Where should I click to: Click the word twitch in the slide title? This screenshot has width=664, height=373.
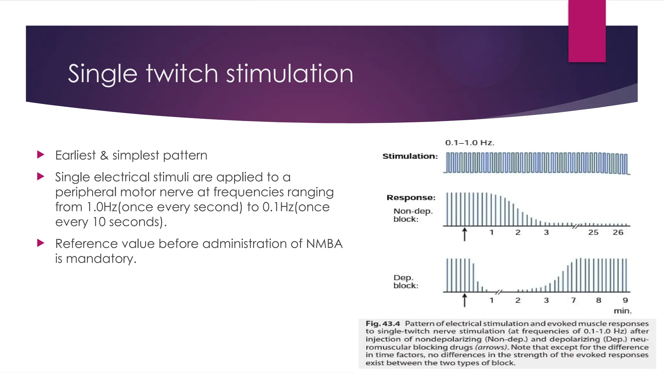(x=182, y=74)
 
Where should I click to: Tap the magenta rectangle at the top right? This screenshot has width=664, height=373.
(x=587, y=31)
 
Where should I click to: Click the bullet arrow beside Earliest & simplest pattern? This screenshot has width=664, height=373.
(x=41, y=154)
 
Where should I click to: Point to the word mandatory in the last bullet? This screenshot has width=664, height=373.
(x=101, y=259)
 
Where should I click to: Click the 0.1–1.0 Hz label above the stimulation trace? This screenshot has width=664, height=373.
(x=469, y=143)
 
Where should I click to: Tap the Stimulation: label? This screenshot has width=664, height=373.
(x=410, y=156)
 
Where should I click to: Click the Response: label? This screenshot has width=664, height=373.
(x=411, y=198)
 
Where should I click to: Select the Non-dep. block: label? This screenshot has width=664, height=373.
(x=412, y=215)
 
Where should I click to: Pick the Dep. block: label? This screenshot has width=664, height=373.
(x=406, y=282)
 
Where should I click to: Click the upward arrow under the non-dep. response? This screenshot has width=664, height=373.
(x=464, y=234)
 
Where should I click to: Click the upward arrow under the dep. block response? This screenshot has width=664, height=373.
(x=464, y=300)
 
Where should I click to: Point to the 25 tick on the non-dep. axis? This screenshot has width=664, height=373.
(x=593, y=232)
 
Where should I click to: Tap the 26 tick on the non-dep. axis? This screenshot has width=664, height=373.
(x=618, y=232)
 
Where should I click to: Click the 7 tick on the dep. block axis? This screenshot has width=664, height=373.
(x=573, y=300)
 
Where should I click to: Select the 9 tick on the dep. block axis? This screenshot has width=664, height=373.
(x=625, y=300)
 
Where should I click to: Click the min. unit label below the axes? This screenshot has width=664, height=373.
(x=622, y=311)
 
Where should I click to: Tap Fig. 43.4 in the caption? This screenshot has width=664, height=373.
(x=383, y=323)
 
